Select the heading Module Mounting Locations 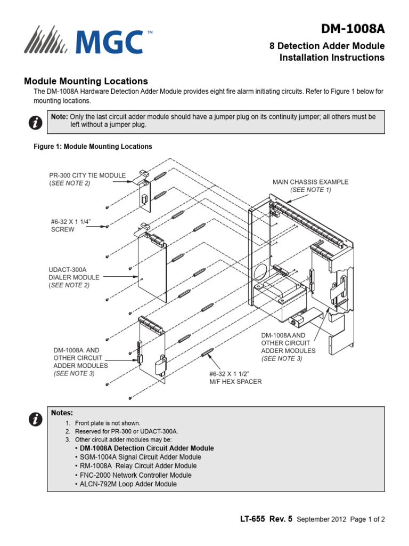click(x=86, y=82)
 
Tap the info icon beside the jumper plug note click(x=35, y=123)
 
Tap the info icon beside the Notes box click(x=35, y=420)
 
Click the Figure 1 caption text click(x=93, y=146)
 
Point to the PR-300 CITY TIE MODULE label click(x=87, y=179)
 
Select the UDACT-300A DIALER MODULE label click(x=74, y=277)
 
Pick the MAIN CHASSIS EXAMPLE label click(x=310, y=186)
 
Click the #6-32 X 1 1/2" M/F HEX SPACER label click(x=235, y=378)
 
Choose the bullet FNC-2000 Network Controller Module click(x=135, y=475)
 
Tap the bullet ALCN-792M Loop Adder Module click(x=128, y=484)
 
